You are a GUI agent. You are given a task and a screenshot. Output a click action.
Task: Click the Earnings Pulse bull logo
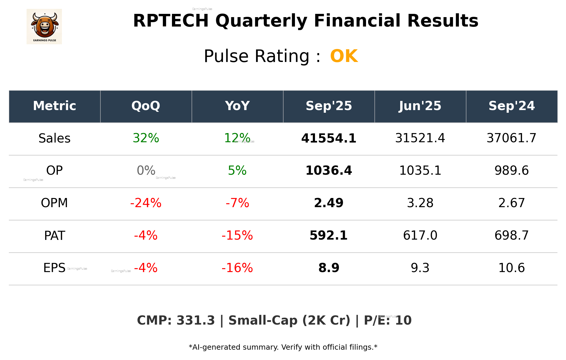click(44, 26)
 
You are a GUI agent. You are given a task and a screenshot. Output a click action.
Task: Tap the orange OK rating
click(344, 56)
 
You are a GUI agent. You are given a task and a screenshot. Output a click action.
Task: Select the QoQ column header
click(146, 106)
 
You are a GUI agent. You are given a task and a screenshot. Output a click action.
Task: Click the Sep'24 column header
click(511, 106)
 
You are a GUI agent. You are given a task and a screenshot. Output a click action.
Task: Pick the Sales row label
click(55, 138)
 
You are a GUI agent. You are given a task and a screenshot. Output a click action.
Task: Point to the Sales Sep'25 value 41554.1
click(329, 138)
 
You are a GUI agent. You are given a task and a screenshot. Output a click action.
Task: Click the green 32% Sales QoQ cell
click(146, 138)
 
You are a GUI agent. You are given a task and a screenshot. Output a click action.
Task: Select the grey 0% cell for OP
click(146, 171)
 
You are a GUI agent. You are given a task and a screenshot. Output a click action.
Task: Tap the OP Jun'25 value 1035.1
click(420, 171)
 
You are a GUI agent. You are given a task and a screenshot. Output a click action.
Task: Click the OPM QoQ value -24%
click(146, 203)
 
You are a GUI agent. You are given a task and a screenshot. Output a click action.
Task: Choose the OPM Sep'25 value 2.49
click(329, 203)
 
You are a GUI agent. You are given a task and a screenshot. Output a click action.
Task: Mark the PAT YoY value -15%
click(237, 235)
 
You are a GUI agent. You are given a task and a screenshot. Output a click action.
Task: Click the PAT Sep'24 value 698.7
click(511, 235)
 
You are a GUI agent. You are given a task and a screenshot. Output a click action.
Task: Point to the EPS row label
click(54, 268)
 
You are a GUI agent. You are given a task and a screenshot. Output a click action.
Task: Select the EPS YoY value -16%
click(237, 268)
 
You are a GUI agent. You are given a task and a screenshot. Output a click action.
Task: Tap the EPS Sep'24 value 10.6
click(511, 268)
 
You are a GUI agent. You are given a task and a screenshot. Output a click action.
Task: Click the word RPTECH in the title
click(171, 21)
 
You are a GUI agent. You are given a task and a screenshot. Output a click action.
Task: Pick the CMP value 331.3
click(196, 320)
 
